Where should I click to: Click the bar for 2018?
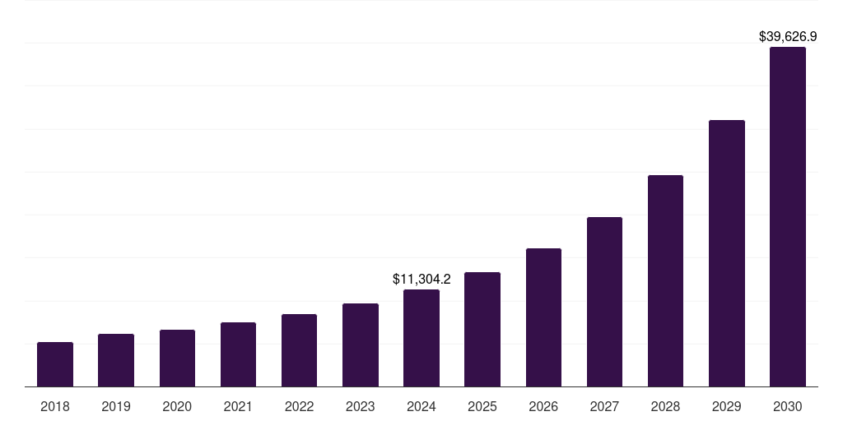coord(55,364)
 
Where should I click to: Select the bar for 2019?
coord(116,360)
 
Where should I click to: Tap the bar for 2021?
coord(238,354)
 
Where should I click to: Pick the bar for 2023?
coord(361,345)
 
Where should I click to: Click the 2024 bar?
coord(421,338)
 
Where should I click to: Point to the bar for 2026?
coord(543,317)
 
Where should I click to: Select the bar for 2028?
coord(665,280)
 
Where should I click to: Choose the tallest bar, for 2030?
coord(788,216)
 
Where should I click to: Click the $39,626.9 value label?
coord(788,37)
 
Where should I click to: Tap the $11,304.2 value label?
coord(421,280)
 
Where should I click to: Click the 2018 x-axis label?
coord(55,406)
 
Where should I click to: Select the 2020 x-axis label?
coord(177,406)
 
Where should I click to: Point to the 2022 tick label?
coord(299,406)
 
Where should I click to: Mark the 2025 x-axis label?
coord(482,406)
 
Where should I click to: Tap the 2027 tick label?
coord(604,406)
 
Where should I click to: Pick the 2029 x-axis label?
coord(726,406)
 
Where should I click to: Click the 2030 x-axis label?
coord(788,406)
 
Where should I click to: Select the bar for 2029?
coord(726,253)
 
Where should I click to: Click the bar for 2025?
coord(482,329)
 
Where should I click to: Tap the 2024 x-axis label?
coord(421,406)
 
